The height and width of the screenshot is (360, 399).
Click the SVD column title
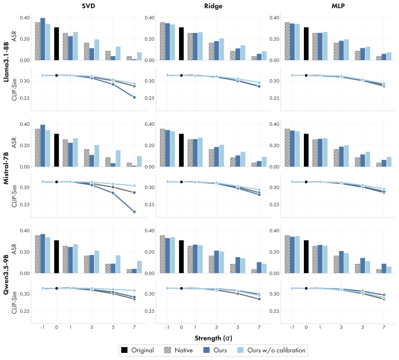click(88, 6)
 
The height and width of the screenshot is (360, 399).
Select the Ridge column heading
click(213, 6)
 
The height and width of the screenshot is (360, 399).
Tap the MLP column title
click(338, 6)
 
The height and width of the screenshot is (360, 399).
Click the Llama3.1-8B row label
click(6, 62)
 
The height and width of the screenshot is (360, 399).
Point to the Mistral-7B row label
click(6, 168)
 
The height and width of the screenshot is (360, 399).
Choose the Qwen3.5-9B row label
click(6, 275)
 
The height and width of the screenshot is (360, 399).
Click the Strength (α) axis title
click(213, 338)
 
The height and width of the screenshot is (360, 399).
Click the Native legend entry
click(178, 350)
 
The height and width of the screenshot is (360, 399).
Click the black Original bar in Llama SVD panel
click(57, 44)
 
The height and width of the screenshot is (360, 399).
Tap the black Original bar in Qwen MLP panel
click(306, 257)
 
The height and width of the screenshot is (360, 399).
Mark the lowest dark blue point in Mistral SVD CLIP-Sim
click(134, 212)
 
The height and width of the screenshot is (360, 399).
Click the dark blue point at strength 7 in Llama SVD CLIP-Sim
click(134, 97)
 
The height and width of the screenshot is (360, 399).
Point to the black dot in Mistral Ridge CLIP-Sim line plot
click(182, 182)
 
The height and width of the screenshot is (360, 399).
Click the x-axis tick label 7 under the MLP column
click(384, 327)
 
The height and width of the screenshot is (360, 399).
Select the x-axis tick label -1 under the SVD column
click(43, 327)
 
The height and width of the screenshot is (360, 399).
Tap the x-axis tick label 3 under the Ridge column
click(216, 327)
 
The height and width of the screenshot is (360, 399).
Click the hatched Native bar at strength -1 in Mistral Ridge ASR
click(162, 148)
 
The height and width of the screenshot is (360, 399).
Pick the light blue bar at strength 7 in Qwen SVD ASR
click(139, 267)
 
